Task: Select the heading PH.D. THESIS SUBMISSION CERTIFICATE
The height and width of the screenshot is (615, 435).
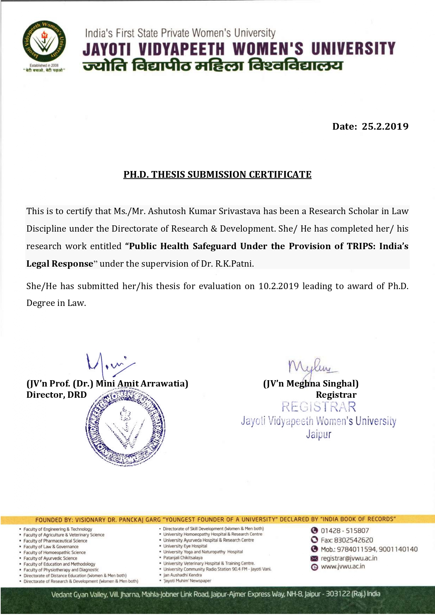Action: point(217,175)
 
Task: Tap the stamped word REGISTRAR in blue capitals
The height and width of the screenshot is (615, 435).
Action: point(319,407)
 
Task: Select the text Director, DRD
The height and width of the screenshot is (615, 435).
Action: point(56,395)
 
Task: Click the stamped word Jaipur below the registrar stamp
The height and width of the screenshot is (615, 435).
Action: point(318,435)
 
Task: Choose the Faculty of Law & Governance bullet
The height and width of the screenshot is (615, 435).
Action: point(51,547)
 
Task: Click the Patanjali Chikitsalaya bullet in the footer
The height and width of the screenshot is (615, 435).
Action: point(183,558)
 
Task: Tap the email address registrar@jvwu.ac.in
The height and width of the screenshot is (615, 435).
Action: point(349,558)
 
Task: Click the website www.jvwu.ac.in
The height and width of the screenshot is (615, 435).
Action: point(342,566)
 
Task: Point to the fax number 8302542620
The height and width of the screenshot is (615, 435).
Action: point(353,540)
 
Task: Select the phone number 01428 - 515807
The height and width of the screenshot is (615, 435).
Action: point(345,531)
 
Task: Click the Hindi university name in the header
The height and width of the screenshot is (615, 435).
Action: point(213,66)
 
